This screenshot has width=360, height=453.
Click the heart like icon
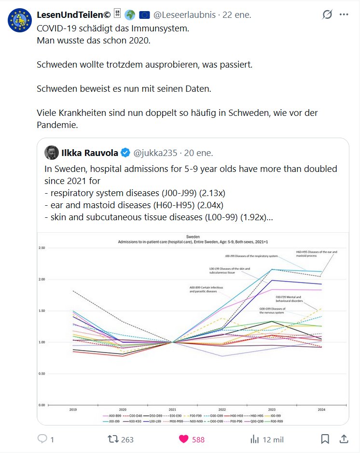(183, 439)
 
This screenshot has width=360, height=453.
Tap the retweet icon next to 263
(112, 439)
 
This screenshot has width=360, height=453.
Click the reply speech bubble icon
(42, 439)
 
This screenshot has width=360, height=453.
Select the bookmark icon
(325, 439)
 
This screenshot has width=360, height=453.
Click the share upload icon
(344, 439)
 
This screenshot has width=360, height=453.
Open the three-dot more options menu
(344, 14)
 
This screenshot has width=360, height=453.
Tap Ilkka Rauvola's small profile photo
(52, 153)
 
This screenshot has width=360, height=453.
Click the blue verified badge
(125, 153)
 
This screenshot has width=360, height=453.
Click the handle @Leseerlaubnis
(186, 14)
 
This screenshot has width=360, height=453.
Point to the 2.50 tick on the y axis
(42, 248)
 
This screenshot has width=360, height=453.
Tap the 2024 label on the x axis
(321, 409)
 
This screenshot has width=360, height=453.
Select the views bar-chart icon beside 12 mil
(254, 439)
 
